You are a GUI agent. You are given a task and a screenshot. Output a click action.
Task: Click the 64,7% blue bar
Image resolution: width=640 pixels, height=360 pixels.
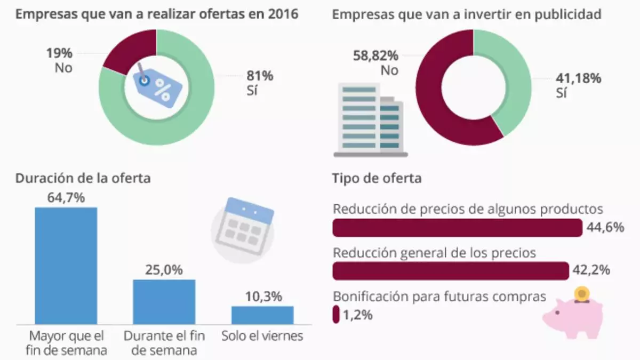(x=66, y=265)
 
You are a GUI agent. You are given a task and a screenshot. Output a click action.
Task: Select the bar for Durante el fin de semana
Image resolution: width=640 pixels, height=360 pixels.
(x=164, y=301)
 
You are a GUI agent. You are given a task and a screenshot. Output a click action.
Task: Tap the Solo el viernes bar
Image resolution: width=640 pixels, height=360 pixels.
(x=262, y=315)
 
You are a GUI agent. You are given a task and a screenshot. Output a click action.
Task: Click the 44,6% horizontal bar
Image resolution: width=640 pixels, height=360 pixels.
(x=457, y=228)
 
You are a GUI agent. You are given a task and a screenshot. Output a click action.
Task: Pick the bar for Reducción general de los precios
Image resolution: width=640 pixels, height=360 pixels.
(x=451, y=271)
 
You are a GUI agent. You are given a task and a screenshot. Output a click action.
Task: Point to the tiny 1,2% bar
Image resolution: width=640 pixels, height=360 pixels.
(x=336, y=314)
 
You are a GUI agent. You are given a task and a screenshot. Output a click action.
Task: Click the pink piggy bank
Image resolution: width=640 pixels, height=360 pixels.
(x=573, y=315)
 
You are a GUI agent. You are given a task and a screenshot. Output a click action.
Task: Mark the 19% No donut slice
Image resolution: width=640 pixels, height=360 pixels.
(x=128, y=51)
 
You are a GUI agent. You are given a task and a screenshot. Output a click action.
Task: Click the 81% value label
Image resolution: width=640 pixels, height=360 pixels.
(x=259, y=76)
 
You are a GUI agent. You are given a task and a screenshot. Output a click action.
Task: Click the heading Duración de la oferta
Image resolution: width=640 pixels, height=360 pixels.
(x=83, y=178)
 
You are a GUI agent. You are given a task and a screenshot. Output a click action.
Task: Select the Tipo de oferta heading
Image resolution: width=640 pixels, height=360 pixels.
(x=377, y=178)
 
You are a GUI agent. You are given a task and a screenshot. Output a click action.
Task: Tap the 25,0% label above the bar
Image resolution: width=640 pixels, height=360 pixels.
(x=164, y=270)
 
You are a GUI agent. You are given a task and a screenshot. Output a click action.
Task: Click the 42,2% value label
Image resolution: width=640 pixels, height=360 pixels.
(x=590, y=270)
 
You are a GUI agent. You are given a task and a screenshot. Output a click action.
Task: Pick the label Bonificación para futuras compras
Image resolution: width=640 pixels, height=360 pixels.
(x=439, y=296)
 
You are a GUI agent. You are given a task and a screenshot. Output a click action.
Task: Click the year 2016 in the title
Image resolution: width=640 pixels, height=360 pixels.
(x=283, y=14)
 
